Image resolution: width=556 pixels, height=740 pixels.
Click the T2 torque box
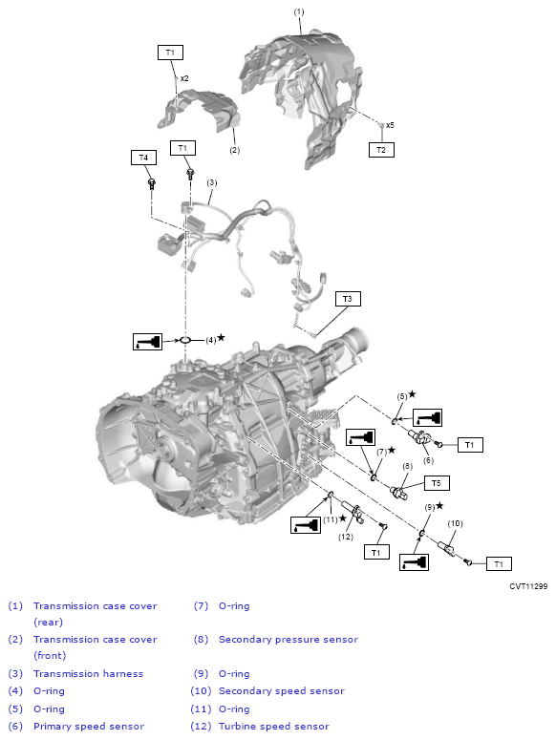(x=381, y=149)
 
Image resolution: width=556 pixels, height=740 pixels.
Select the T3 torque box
(x=348, y=299)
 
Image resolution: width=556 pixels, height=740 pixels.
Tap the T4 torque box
(x=143, y=157)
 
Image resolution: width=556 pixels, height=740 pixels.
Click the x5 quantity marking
(x=390, y=125)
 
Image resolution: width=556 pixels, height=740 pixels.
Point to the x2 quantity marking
(x=184, y=78)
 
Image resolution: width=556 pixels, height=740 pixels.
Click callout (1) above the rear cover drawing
(x=299, y=11)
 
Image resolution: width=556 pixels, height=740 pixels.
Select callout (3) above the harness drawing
(x=212, y=182)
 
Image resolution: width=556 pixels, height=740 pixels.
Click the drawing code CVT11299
(x=528, y=586)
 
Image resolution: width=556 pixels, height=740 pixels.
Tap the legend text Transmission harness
(x=88, y=673)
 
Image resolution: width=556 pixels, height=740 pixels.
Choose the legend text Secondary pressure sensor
(x=289, y=639)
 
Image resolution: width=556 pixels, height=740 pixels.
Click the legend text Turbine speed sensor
(x=273, y=726)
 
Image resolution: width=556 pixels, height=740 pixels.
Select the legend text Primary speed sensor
(x=89, y=726)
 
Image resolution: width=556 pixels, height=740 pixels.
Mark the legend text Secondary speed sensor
(x=281, y=690)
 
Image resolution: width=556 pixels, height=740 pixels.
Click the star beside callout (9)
(x=440, y=505)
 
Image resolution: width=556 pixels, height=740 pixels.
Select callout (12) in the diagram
(x=346, y=537)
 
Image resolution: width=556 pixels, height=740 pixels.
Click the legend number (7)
(x=201, y=605)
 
